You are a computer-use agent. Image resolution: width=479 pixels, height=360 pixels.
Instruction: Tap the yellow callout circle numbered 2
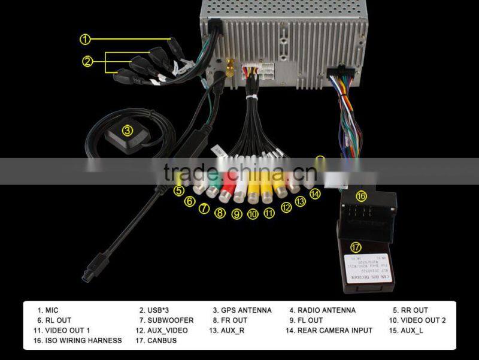click(88, 61)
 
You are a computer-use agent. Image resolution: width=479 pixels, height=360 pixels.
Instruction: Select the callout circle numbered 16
click(360, 196)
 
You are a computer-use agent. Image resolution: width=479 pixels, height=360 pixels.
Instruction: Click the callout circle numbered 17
click(356, 246)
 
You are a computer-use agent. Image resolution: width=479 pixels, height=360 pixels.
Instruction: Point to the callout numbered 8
click(220, 212)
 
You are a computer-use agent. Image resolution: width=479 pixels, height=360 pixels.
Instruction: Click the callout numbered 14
click(316, 193)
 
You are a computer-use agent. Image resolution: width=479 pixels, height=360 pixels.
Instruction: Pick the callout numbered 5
click(178, 191)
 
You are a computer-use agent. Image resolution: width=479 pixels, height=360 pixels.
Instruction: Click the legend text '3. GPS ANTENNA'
click(242, 310)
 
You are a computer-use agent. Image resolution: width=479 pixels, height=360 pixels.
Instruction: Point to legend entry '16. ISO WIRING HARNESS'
click(77, 340)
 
